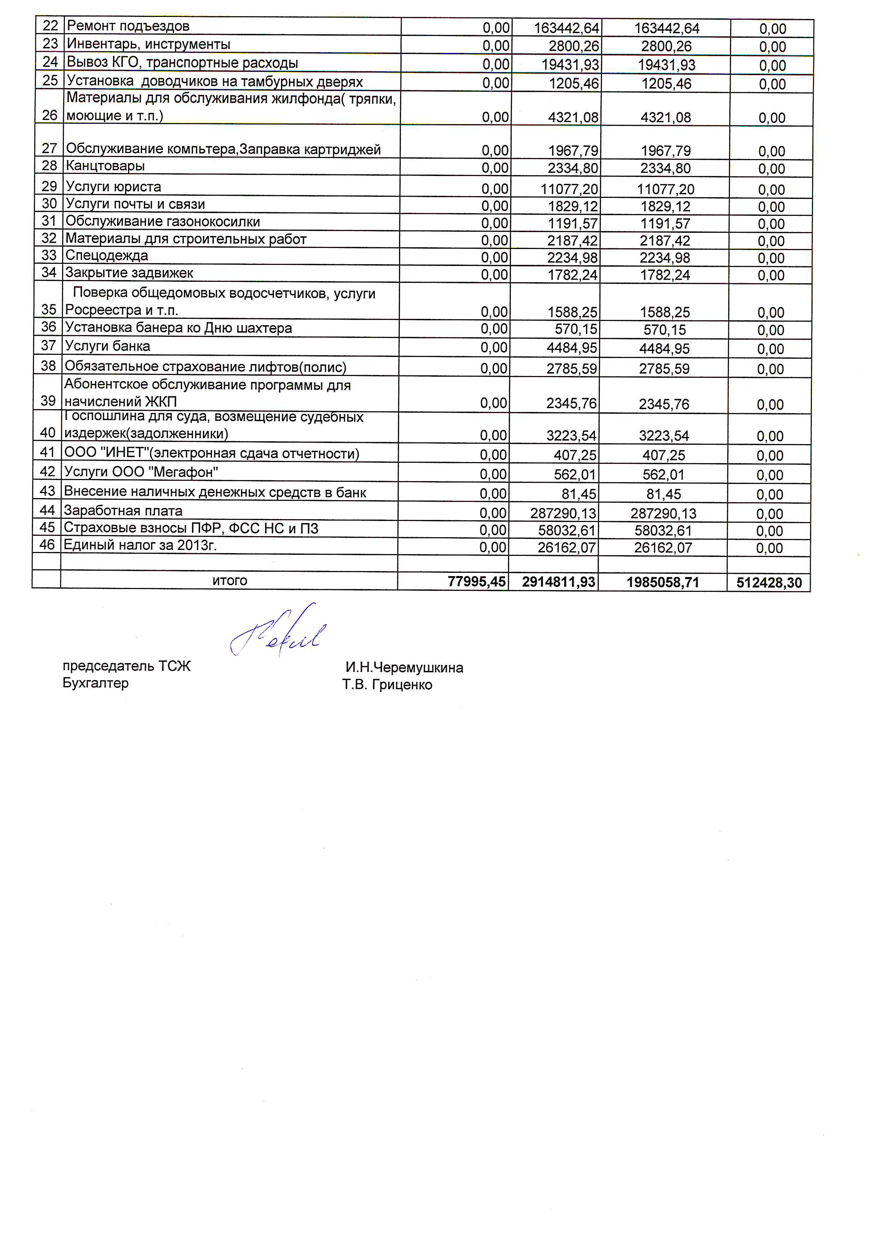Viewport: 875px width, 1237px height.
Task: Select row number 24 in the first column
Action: [50, 62]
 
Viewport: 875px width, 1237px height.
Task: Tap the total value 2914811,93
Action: [559, 582]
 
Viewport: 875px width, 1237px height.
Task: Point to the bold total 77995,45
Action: [477, 581]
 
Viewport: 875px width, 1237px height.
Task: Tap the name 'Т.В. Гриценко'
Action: [387, 685]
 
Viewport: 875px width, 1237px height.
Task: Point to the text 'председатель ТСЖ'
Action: [127, 666]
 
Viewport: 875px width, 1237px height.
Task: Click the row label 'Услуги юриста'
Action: [113, 187]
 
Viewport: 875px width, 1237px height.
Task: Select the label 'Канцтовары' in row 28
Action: [105, 166]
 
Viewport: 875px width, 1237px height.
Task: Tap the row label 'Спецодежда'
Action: [107, 255]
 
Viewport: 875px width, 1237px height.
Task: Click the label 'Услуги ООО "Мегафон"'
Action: [141, 472]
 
